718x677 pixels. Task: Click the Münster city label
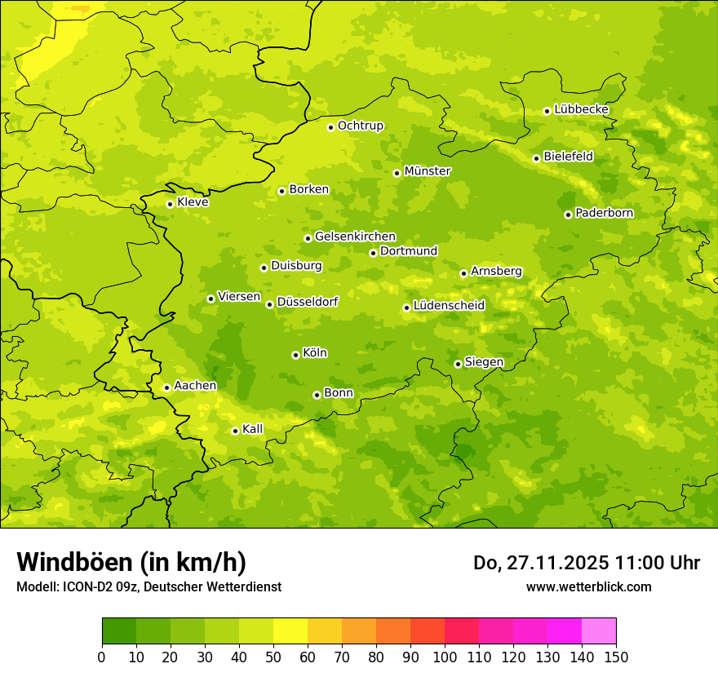428,171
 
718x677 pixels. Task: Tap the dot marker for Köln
295,355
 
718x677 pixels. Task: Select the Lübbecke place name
581,109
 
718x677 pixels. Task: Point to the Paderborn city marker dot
568,215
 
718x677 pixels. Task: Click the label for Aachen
195,386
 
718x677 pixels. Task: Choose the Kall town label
253,429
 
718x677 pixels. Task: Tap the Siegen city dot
458,364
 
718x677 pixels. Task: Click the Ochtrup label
361,126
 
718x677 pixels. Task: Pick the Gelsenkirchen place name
355,237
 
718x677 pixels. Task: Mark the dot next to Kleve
170,204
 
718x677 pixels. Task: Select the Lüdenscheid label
449,306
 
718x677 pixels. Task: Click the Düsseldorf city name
308,302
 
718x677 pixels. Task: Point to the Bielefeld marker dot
536,158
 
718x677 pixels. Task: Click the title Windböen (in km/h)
131,562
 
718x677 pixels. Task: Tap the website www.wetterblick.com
588,586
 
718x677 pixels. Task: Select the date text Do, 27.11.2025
538,563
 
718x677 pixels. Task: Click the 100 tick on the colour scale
445,657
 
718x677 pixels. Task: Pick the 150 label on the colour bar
616,657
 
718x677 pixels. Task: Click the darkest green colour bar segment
119,631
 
